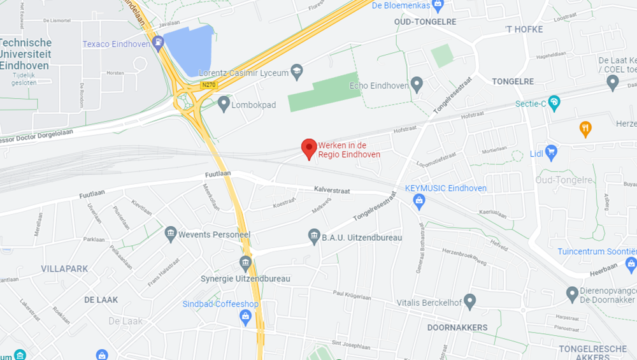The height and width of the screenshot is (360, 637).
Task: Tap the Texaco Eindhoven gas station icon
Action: (x=159, y=43)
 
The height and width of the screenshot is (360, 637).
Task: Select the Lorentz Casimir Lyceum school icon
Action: (x=296, y=71)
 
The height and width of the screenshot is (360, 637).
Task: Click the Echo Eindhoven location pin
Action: (x=417, y=83)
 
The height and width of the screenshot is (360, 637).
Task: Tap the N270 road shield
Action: (x=208, y=84)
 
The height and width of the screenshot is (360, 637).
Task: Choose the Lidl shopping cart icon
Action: (x=552, y=152)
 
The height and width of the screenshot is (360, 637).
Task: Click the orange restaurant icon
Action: (x=585, y=129)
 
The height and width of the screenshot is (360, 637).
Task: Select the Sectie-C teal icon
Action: (x=554, y=102)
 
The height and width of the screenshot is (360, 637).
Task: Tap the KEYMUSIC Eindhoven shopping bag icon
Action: (x=419, y=201)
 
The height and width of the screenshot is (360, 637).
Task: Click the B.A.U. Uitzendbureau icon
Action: (x=314, y=236)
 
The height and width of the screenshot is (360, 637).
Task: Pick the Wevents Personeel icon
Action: (x=171, y=234)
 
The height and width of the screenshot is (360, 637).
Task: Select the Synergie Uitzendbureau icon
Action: (x=245, y=263)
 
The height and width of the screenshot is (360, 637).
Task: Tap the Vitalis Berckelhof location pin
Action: (x=470, y=300)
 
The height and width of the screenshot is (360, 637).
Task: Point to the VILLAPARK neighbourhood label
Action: (x=64, y=269)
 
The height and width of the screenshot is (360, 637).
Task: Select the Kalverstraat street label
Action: (x=333, y=189)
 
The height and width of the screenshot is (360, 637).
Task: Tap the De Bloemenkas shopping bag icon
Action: (x=437, y=6)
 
